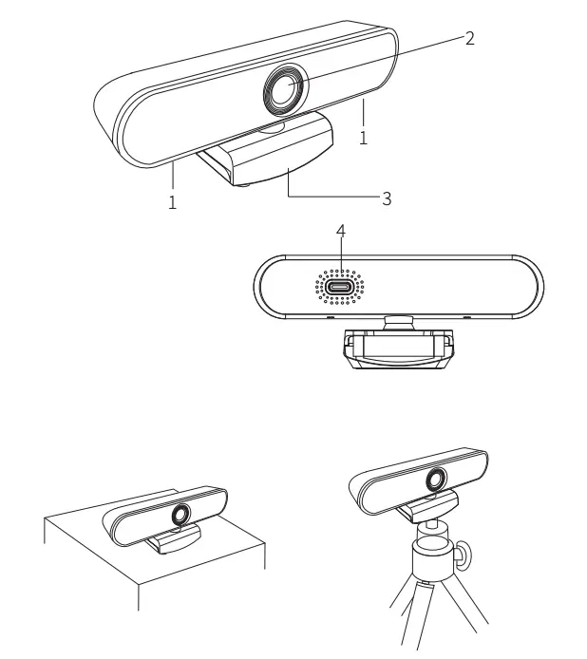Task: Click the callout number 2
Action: tap(469, 38)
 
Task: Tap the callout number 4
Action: tap(341, 231)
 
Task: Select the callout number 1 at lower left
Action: tap(172, 201)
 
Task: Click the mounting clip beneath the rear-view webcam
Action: tap(398, 349)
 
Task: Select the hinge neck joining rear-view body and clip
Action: tap(398, 322)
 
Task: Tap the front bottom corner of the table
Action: tap(139, 581)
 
